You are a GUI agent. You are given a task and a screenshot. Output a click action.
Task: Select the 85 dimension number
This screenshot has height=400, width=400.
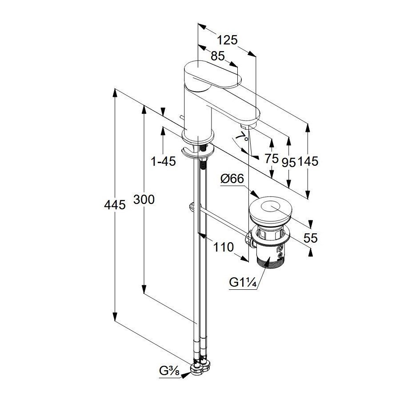[x=217, y=56]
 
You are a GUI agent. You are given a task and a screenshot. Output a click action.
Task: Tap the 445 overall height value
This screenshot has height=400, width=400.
[x=115, y=205]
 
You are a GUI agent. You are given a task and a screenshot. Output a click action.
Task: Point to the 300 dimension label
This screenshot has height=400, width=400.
[x=144, y=200]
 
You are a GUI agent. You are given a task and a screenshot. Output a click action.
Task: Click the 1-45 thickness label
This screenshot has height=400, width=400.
[x=164, y=162]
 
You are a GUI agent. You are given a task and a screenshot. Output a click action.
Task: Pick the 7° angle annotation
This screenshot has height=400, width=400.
[x=242, y=139]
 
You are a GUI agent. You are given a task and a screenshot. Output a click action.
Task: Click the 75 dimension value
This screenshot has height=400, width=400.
[x=271, y=158]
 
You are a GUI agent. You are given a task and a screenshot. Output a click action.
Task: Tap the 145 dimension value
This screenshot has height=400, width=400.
[x=308, y=162]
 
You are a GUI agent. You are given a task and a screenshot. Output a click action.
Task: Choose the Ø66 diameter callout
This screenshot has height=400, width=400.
[x=232, y=179]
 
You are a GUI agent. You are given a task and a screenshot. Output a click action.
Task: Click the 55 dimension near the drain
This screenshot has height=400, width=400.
[x=311, y=238]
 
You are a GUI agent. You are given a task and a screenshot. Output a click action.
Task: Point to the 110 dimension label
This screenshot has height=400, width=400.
[x=224, y=247]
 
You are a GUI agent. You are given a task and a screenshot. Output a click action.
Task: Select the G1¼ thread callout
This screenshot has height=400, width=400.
[x=242, y=283]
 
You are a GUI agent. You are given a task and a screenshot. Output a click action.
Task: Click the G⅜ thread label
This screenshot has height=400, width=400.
[x=169, y=370]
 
